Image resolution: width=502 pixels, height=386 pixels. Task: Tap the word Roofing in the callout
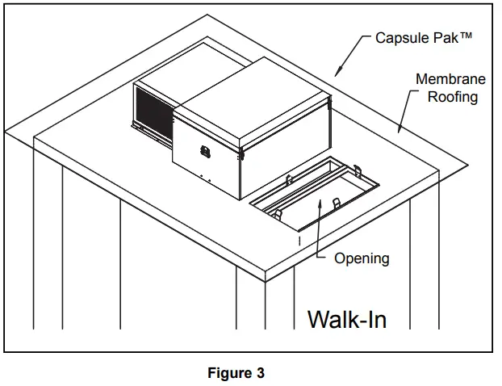[453, 97]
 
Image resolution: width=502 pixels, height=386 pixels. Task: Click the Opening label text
[362, 258]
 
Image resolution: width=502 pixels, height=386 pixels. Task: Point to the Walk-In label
[347, 319]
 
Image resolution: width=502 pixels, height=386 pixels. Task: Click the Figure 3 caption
[236, 373]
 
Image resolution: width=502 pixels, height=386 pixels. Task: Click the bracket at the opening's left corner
[274, 213]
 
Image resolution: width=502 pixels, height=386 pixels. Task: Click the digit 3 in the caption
[260, 373]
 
